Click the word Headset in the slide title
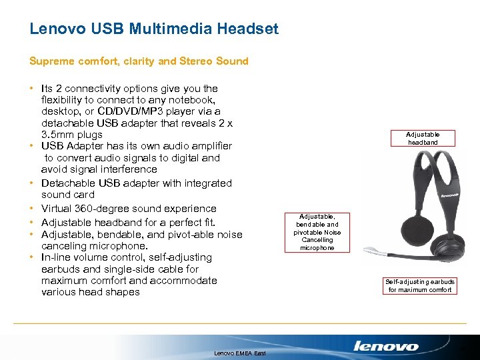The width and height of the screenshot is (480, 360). (247, 29)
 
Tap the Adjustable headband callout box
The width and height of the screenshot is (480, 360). (423, 138)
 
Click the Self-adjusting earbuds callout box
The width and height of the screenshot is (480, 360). (421, 286)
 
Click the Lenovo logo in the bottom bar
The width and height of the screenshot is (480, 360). (386, 346)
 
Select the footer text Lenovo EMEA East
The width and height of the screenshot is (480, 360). (240, 353)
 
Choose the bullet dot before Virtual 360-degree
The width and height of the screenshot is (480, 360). (32, 209)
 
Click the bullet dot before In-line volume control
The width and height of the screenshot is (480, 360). (32, 257)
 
